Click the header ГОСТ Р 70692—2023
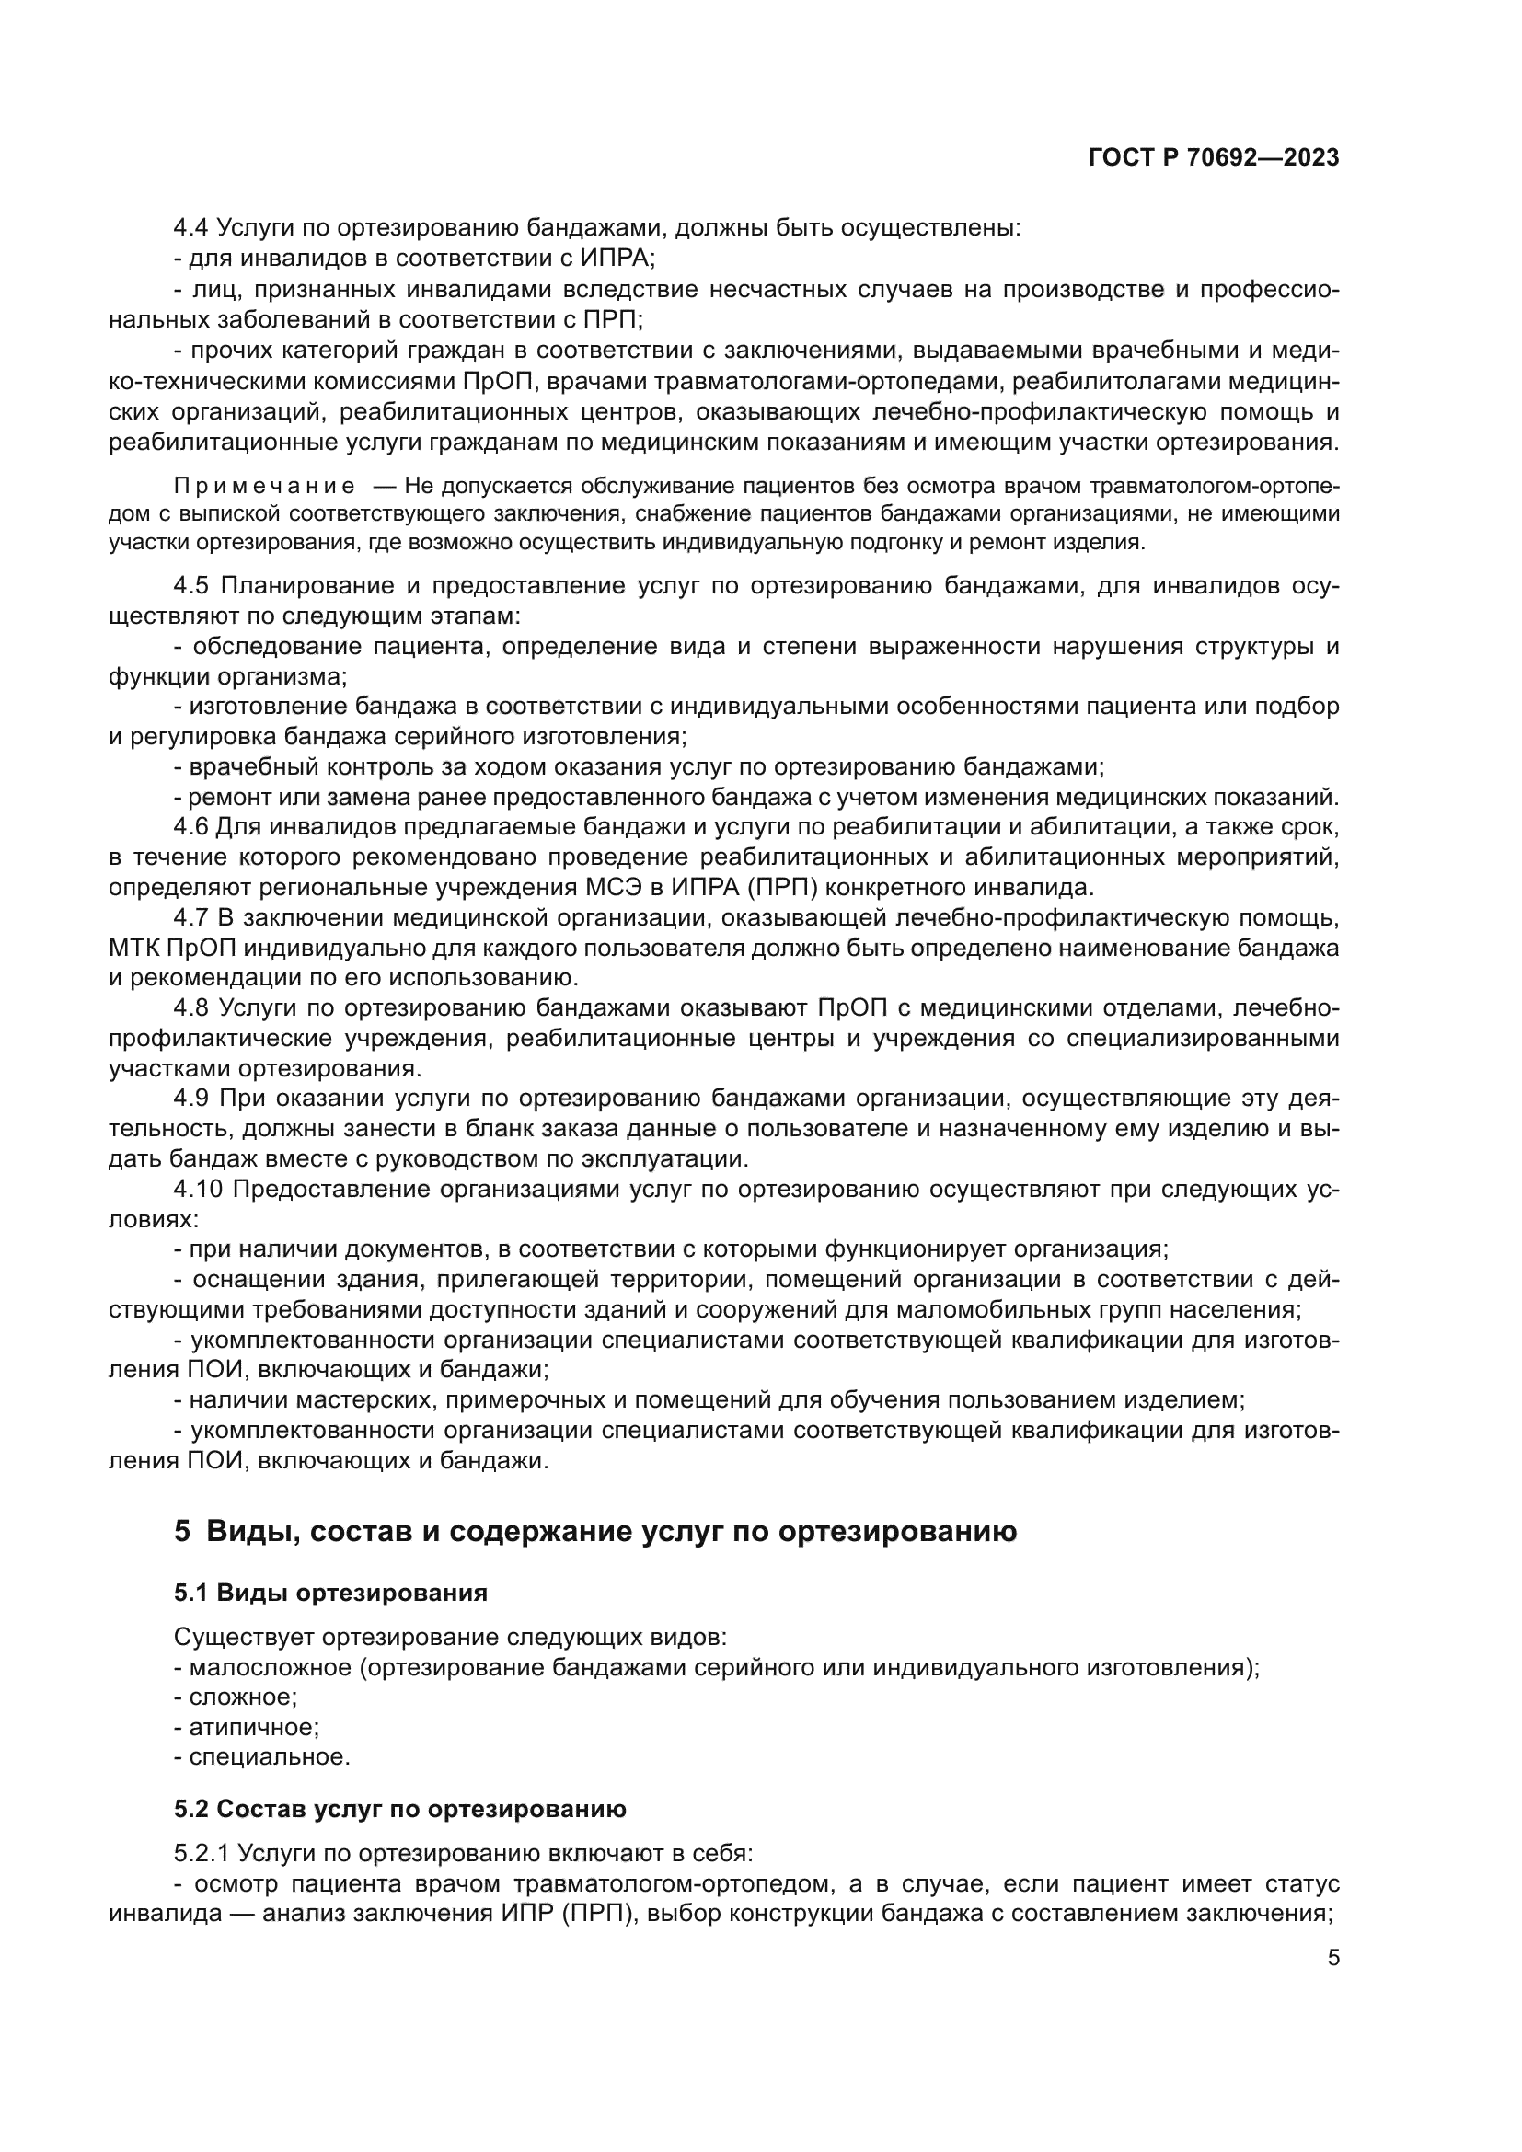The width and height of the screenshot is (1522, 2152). [x=1213, y=157]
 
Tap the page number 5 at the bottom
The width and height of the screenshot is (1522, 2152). [x=1333, y=1957]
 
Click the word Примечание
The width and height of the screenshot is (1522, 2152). [x=264, y=486]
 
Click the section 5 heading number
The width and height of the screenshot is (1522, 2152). [x=182, y=1532]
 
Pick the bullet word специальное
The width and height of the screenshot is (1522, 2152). [x=269, y=1756]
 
